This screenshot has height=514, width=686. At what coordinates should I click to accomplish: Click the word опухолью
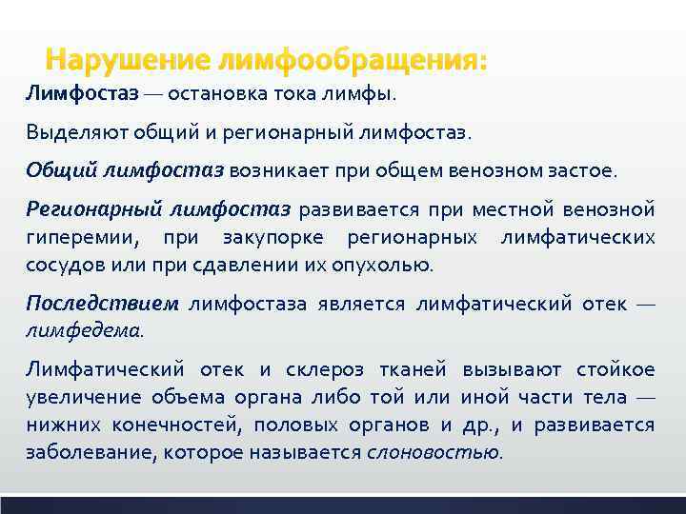389,264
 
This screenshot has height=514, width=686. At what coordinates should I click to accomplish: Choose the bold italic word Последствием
102,304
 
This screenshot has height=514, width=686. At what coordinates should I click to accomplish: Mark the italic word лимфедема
84,330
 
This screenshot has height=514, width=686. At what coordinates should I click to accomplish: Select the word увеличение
77,397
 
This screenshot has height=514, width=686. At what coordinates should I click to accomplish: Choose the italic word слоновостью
434,452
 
